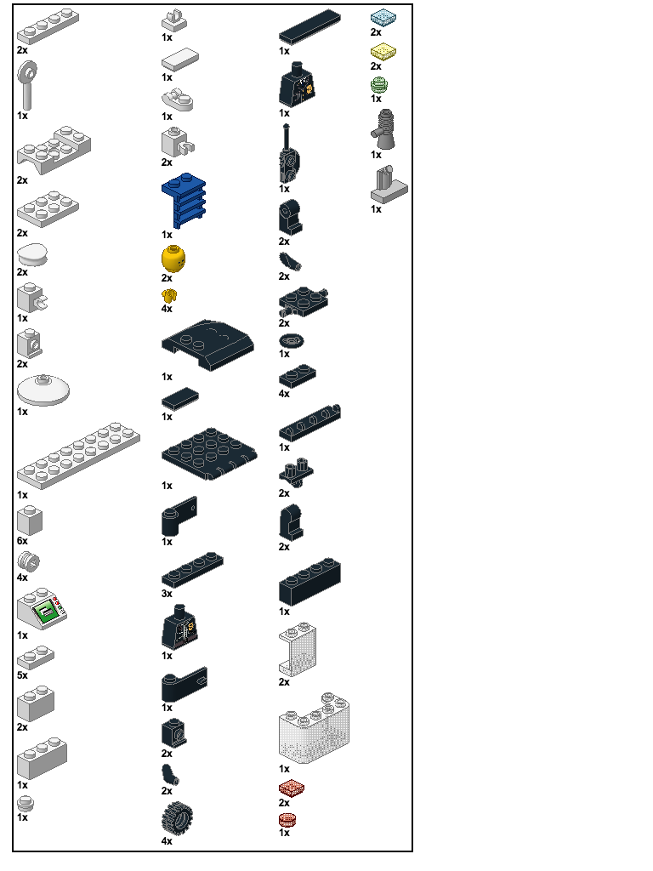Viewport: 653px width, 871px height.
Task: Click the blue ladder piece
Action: (x=184, y=200)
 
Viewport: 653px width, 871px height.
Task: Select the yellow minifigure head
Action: (x=173, y=259)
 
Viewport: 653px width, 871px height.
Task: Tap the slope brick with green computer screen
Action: (x=43, y=609)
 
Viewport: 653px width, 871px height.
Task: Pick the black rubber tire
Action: (x=177, y=817)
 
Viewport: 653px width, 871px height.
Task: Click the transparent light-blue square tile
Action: (x=383, y=17)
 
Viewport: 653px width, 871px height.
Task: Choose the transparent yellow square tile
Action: (x=383, y=52)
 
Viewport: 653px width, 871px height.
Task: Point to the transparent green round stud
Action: (x=378, y=85)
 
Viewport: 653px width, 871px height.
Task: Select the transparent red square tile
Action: (x=292, y=788)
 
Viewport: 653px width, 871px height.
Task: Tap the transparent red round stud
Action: (x=287, y=820)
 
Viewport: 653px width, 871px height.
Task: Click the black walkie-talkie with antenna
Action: (x=289, y=156)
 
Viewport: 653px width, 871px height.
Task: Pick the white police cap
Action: (x=32, y=255)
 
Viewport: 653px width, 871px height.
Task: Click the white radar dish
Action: (x=43, y=390)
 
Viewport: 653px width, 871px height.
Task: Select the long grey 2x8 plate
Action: (x=78, y=456)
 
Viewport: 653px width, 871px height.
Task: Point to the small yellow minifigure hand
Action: (x=169, y=295)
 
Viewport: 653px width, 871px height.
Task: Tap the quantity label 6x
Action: (x=22, y=541)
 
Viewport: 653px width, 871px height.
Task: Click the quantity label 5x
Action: (x=22, y=675)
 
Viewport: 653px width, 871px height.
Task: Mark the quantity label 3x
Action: (x=167, y=593)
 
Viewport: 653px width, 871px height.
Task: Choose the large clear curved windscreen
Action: (x=315, y=728)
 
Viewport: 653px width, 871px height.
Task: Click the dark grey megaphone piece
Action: (x=383, y=129)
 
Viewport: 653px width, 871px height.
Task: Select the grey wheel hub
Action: (x=28, y=562)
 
